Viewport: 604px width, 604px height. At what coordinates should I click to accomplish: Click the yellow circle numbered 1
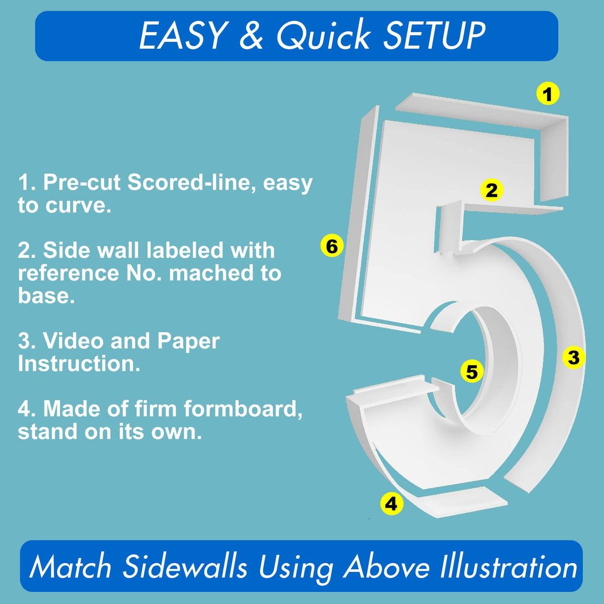click(548, 94)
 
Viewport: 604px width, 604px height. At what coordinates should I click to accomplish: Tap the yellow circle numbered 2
click(491, 190)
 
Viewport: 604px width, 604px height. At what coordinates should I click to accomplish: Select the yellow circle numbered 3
click(574, 357)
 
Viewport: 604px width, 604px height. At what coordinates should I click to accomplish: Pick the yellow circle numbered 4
click(392, 504)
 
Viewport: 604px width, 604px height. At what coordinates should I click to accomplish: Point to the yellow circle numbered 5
click(472, 372)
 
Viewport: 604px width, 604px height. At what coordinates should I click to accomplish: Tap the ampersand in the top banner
click(251, 36)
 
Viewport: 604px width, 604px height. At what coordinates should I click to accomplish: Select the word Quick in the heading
click(324, 35)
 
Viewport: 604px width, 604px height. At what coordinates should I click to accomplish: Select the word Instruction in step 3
click(79, 364)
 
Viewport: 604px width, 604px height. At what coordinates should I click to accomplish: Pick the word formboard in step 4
click(243, 408)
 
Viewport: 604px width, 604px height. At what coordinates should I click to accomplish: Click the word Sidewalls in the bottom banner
click(185, 567)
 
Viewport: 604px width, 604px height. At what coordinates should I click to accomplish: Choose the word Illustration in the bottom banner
click(508, 567)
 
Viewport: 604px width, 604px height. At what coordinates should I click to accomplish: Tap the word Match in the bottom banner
click(70, 567)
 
